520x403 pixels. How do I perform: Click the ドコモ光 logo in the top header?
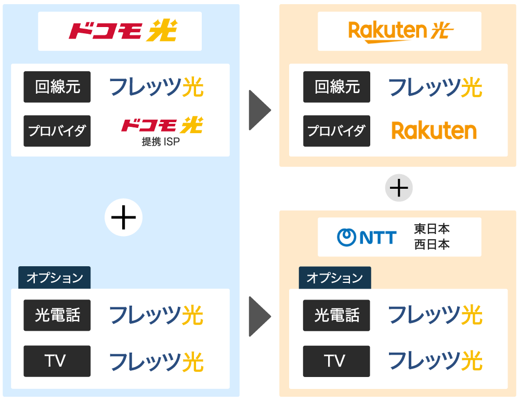pyautogui.click(x=123, y=31)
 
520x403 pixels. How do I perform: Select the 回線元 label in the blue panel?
pyautogui.click(x=57, y=87)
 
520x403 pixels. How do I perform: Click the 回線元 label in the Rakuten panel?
pyautogui.click(x=337, y=87)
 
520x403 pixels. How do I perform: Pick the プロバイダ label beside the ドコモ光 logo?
pyautogui.click(x=57, y=131)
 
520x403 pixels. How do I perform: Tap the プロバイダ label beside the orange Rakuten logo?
pyautogui.click(x=337, y=131)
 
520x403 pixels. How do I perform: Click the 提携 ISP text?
pyautogui.click(x=161, y=141)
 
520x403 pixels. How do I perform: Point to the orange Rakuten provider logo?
pyautogui.click(x=434, y=131)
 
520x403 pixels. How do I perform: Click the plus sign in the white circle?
pyautogui.click(x=124, y=217)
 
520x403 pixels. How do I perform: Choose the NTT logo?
pyautogui.click(x=367, y=237)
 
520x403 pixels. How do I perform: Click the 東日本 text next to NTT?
pyautogui.click(x=432, y=229)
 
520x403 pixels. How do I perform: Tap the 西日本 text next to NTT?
pyautogui.click(x=432, y=244)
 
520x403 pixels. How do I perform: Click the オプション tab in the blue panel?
pyautogui.click(x=55, y=278)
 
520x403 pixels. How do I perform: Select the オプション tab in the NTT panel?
pyautogui.click(x=334, y=278)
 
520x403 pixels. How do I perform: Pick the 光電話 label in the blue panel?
pyautogui.click(x=57, y=315)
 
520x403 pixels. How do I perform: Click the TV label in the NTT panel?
pyautogui.click(x=337, y=361)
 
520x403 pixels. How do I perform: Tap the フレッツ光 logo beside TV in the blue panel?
pyautogui.click(x=156, y=361)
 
